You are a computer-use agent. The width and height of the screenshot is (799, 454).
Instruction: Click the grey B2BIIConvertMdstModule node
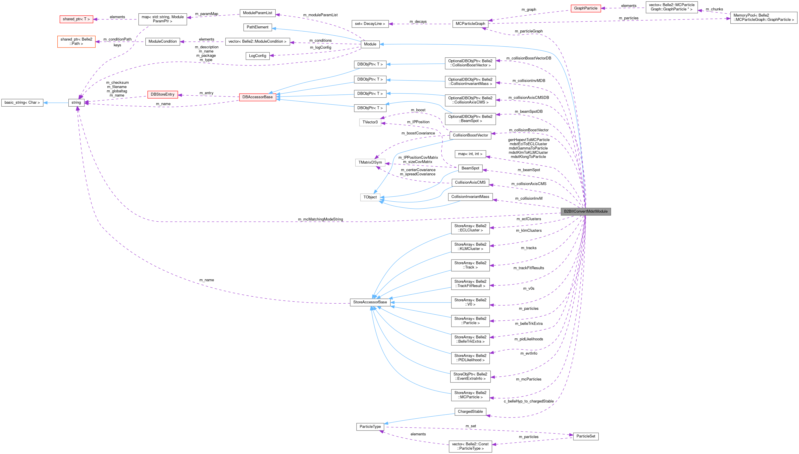pyautogui.click(x=586, y=211)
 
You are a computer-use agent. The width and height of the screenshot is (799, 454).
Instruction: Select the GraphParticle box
pyautogui.click(x=586, y=8)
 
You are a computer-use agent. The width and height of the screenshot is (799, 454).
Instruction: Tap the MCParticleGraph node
pyautogui.click(x=470, y=24)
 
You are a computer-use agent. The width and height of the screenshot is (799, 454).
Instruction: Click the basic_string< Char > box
pyautogui.click(x=22, y=103)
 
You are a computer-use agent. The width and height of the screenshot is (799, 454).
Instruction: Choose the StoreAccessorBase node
pyautogui.click(x=370, y=302)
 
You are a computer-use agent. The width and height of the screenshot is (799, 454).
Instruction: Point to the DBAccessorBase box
pyautogui.click(x=257, y=97)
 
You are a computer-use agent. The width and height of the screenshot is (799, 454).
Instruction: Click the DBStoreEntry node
pyautogui.click(x=162, y=94)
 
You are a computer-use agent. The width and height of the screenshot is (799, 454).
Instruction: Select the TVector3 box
pyautogui.click(x=370, y=122)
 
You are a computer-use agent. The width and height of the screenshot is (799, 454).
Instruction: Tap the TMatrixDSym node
pyautogui.click(x=370, y=163)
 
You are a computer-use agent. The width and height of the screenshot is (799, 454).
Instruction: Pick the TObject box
pyautogui.click(x=370, y=197)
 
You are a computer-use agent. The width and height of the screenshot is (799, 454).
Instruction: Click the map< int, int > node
pyautogui.click(x=470, y=154)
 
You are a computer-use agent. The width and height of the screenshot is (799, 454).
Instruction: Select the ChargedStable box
pyautogui.click(x=470, y=412)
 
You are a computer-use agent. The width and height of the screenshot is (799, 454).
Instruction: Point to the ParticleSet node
pyautogui.click(x=586, y=436)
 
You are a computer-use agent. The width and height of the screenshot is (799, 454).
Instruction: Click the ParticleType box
pyautogui.click(x=370, y=426)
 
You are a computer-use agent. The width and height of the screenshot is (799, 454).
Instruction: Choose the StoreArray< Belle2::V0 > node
pyautogui.click(x=470, y=302)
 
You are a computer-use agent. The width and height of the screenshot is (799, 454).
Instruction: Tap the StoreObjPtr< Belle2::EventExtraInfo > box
pyautogui.click(x=470, y=376)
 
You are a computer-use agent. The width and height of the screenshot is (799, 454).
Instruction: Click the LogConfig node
pyautogui.click(x=257, y=56)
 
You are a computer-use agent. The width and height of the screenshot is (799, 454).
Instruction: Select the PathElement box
pyautogui.click(x=257, y=27)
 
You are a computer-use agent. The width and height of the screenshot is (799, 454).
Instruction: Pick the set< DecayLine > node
pyautogui.click(x=370, y=24)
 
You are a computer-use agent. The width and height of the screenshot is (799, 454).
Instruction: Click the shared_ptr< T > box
pyautogui.click(x=76, y=19)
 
